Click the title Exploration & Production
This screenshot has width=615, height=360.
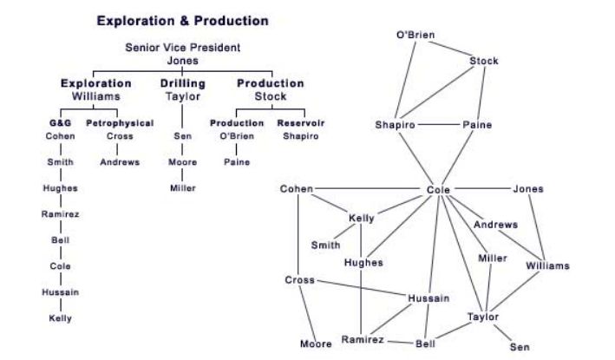[182, 20]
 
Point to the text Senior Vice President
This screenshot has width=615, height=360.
[182, 48]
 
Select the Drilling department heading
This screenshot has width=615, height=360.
[182, 83]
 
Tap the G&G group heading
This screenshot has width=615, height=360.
[60, 123]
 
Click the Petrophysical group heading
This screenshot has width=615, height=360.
[120, 123]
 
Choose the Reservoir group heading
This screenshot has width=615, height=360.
[300, 123]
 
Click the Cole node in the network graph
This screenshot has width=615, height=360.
[440, 189]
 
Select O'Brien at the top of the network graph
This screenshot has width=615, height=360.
[415, 35]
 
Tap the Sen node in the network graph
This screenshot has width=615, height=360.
[520, 347]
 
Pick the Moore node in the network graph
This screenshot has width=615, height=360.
[316, 344]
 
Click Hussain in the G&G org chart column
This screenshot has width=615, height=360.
[60, 292]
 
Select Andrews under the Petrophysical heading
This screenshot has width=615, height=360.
[120, 162]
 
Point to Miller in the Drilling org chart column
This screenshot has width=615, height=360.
[182, 188]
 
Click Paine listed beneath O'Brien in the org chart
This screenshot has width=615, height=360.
[237, 162]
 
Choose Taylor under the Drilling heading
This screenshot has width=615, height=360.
[182, 96]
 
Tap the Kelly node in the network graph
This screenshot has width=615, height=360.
[362, 218]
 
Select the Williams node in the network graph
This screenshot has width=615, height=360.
[548, 265]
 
